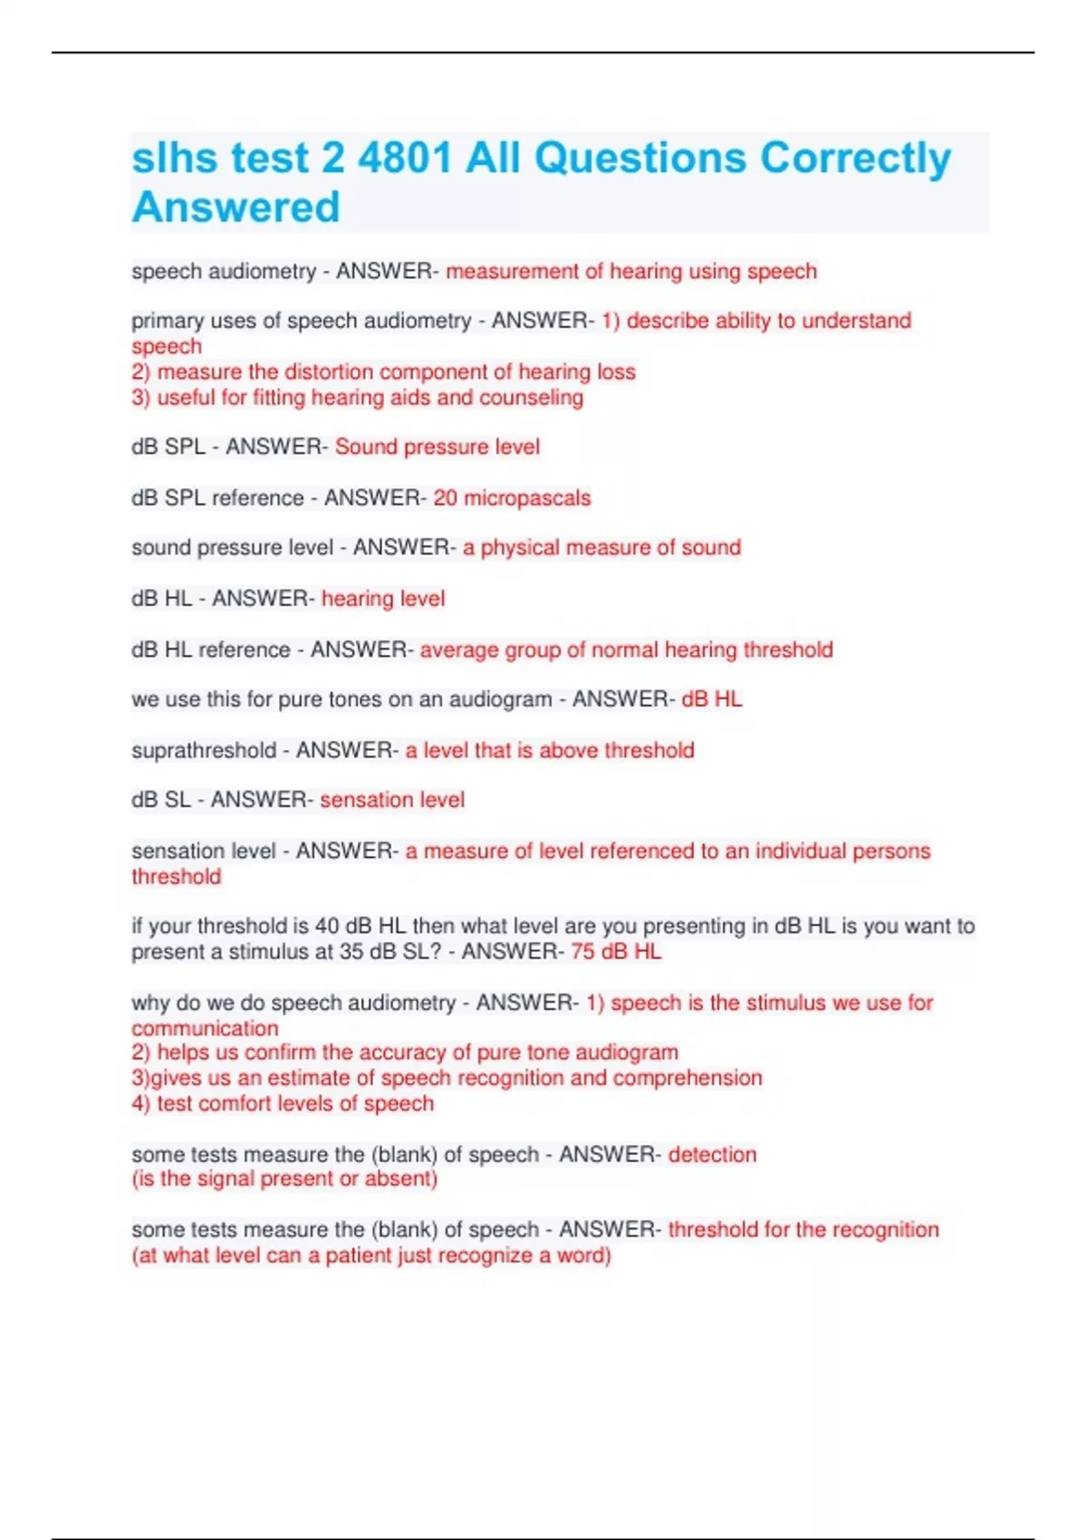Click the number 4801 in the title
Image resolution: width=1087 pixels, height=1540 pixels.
404,159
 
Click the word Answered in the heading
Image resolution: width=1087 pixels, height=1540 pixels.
236,207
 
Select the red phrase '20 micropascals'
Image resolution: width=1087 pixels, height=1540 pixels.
512,497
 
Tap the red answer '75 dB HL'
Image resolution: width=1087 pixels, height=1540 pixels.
616,951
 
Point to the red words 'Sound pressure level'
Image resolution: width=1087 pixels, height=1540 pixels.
438,447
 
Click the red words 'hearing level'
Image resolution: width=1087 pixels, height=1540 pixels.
383,598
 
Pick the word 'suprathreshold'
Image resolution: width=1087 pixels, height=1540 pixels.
204,750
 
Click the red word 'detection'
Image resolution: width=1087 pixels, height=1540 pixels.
712,1154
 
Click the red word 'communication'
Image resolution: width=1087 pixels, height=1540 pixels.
205,1028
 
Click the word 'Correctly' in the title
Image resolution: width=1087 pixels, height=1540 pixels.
855,159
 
